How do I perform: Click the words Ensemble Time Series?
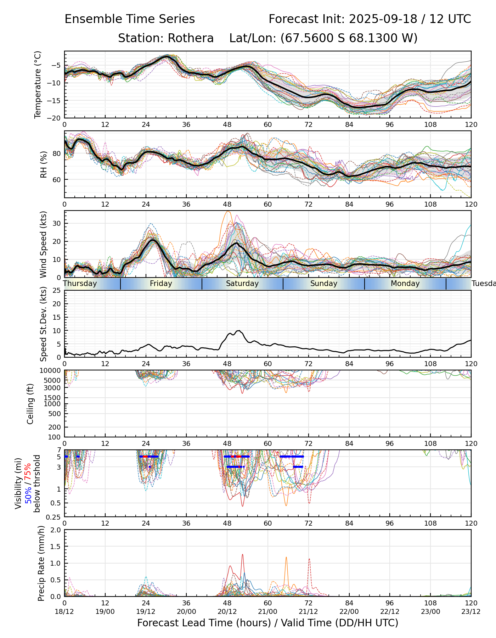pyautogui.click(x=130, y=19)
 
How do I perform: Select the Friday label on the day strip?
pyautogui.click(x=161, y=284)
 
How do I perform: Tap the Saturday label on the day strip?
pyautogui.click(x=242, y=284)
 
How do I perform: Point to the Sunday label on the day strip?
pyautogui.click(x=324, y=284)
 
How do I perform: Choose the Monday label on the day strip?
pyautogui.click(x=405, y=284)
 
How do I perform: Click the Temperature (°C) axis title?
pyautogui.click(x=38, y=84)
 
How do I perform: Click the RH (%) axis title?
pyautogui.click(x=44, y=164)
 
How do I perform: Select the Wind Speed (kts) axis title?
pyautogui.click(x=44, y=244)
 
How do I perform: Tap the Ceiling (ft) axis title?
pyautogui.click(x=30, y=404)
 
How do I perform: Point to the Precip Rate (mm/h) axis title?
pyautogui.click(x=41, y=563)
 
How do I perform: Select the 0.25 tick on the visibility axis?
pyautogui.click(x=53, y=517)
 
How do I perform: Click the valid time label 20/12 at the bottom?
pyautogui.click(x=227, y=611)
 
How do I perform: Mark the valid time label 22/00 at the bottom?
pyautogui.click(x=349, y=611)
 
